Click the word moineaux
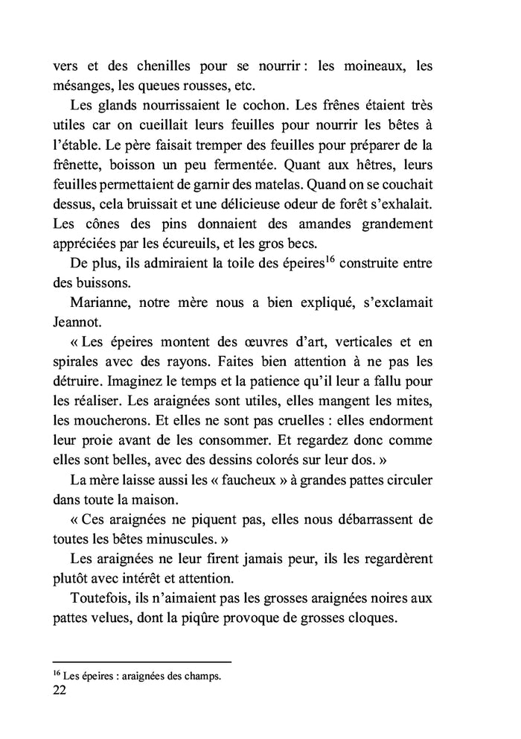pyautogui.click(x=361, y=66)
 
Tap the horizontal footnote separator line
pyautogui.click(x=142, y=662)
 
